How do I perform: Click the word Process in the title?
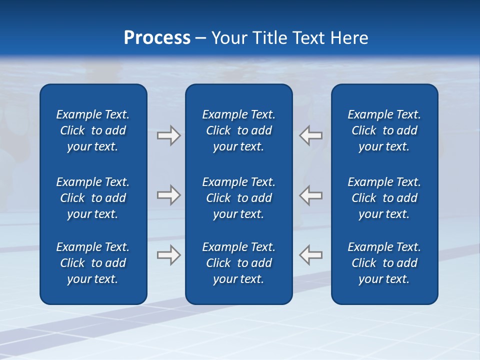pyautogui.click(x=157, y=38)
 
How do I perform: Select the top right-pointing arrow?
pyautogui.click(x=168, y=135)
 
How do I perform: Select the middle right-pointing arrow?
pyautogui.click(x=168, y=195)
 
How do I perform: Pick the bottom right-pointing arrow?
pyautogui.click(x=168, y=254)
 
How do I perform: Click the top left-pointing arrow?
pyautogui.click(x=311, y=135)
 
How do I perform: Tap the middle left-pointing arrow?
pyautogui.click(x=311, y=195)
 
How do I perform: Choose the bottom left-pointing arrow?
pyautogui.click(x=311, y=254)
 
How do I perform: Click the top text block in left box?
pyautogui.click(x=93, y=130)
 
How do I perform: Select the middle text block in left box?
pyautogui.click(x=93, y=198)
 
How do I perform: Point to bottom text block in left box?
pyautogui.click(x=93, y=263)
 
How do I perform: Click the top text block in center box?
pyautogui.click(x=239, y=130)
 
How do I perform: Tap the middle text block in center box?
pyautogui.click(x=239, y=198)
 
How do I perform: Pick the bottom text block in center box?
pyautogui.click(x=239, y=263)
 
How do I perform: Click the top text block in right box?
pyautogui.click(x=384, y=130)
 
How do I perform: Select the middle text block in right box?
pyautogui.click(x=384, y=198)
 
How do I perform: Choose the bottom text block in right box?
pyautogui.click(x=384, y=263)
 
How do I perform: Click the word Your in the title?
pyautogui.click(x=228, y=38)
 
